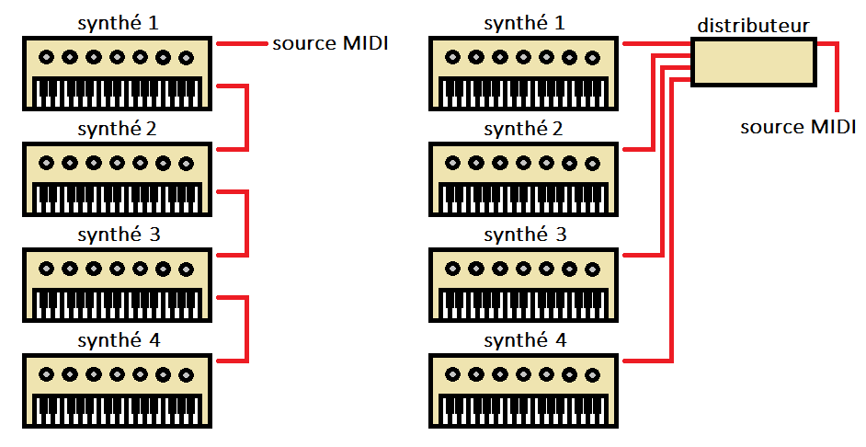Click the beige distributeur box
(x=753, y=63)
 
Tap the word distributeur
(x=753, y=26)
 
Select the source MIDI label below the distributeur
(x=798, y=127)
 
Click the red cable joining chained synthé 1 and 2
(x=247, y=118)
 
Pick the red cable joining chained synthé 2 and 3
(x=247, y=223)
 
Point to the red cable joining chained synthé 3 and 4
(x=247, y=328)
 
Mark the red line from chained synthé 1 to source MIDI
(x=241, y=43)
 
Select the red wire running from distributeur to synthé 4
(x=672, y=230)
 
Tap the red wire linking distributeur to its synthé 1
(x=656, y=43)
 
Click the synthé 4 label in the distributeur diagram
(x=525, y=340)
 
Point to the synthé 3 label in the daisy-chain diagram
(x=119, y=234)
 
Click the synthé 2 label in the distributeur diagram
(x=525, y=128)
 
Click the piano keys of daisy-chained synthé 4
(x=118, y=407)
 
